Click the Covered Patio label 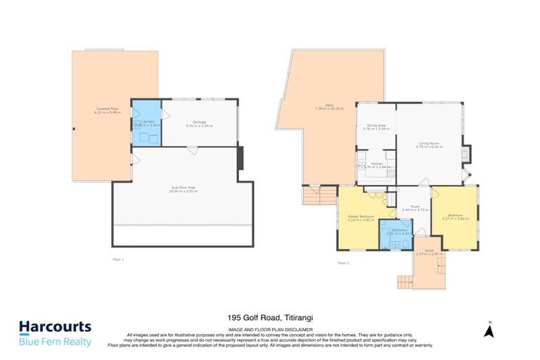coord(107,109)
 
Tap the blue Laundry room coord(146,123)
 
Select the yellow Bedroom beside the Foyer coord(452,217)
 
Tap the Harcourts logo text coord(55,327)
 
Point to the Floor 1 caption coord(118,259)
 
